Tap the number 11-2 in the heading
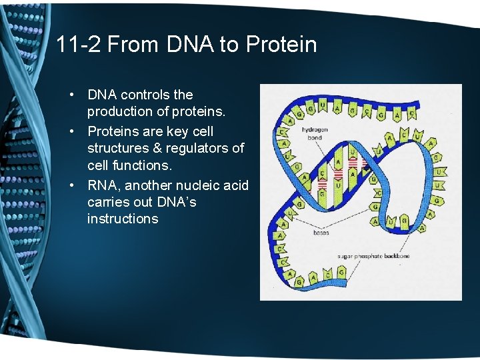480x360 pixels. coord(78,45)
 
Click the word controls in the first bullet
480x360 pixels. coord(144,95)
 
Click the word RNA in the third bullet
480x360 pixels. coord(103,185)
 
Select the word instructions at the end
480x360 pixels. coord(123,219)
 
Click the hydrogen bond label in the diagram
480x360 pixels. coord(311,133)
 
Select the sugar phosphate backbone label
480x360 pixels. coord(374,255)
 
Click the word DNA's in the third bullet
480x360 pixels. coord(175,202)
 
